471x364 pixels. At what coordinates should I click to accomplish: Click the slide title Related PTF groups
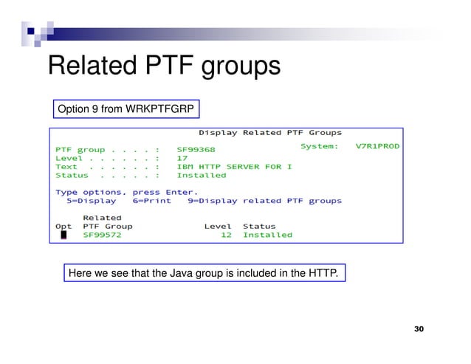164,66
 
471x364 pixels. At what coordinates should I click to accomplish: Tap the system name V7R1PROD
377,146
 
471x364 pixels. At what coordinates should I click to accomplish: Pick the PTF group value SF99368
196,149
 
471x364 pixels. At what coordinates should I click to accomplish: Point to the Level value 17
182,158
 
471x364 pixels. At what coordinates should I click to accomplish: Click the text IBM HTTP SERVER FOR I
234,167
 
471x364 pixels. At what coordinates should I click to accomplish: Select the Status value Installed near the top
202,176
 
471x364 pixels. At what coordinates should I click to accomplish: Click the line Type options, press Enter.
126,192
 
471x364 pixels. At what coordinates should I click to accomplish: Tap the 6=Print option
151,201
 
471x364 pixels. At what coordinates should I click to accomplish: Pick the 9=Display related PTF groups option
264,201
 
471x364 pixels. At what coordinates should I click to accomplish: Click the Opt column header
63,226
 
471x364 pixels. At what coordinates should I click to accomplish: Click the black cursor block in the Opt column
63,235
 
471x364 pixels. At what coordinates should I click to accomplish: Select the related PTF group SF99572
103,235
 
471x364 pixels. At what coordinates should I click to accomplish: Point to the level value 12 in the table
227,235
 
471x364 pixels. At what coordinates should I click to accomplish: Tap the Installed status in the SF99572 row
267,235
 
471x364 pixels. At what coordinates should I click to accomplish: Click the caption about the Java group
203,275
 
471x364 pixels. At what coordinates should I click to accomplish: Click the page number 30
419,329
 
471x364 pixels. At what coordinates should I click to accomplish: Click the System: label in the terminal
320,146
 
